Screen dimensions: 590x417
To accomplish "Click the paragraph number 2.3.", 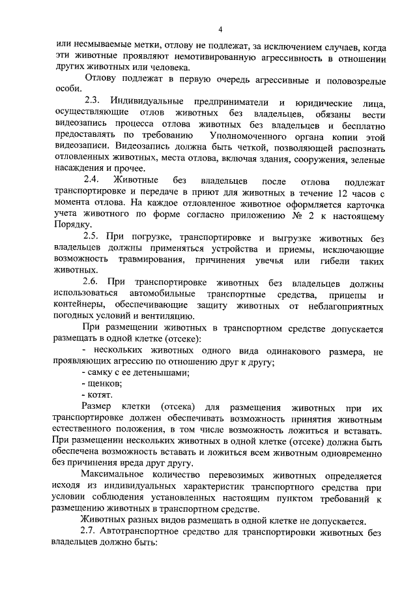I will pos(94,102).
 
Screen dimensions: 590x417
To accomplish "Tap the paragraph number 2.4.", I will pos(94,180).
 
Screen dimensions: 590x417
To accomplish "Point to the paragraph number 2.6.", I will pos(94,284).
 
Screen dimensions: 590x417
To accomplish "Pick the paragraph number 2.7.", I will pos(92,532).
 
